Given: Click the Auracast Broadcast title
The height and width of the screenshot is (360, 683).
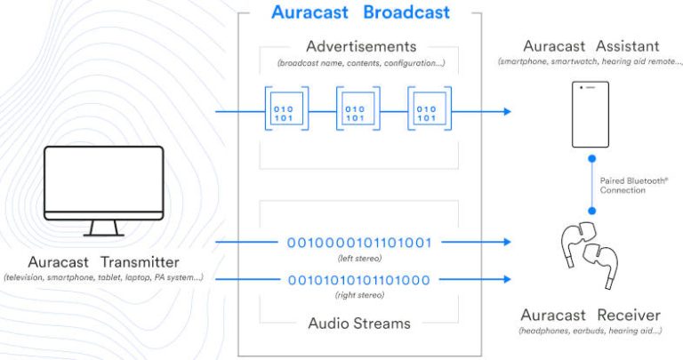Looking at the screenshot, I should click(360, 12).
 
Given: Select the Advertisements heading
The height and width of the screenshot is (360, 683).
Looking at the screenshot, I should click(360, 45).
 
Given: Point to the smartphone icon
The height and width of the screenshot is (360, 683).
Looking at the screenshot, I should click(591, 115).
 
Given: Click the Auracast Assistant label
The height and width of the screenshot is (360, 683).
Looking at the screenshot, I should click(591, 44).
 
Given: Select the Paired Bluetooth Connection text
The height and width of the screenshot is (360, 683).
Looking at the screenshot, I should click(634, 185).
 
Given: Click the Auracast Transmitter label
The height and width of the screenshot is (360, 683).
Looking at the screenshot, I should click(104, 262).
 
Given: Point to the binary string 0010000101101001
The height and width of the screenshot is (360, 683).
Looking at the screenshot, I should click(360, 242).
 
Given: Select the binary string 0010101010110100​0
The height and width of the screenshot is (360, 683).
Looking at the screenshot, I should click(358, 280).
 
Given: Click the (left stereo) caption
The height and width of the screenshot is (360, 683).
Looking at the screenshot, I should click(358, 258).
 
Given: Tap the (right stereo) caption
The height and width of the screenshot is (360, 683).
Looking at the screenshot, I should click(358, 295).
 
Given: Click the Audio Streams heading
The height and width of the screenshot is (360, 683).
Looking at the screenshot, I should click(359, 324).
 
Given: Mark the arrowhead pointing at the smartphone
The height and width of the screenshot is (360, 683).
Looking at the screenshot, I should click(507, 112).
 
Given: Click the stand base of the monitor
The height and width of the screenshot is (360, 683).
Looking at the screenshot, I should click(104, 235).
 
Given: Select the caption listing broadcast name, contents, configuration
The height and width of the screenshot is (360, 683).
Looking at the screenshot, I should click(359, 63).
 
